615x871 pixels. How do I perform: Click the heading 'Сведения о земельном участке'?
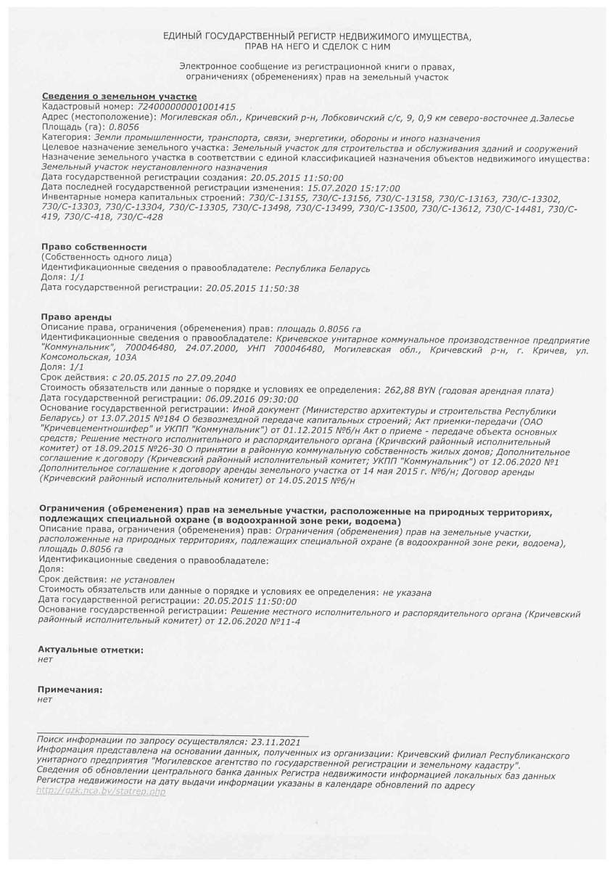coord(119,97)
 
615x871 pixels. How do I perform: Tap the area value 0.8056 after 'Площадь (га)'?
coord(123,127)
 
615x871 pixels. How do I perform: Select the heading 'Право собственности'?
coord(94,248)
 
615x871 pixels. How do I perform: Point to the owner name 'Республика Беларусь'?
coord(323,268)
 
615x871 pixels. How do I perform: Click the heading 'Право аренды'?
coord(76,318)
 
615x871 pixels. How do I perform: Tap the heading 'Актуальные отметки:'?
coord(91,650)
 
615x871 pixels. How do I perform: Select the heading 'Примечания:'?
coord(70,690)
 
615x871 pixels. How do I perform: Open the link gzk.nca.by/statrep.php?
coord(101,791)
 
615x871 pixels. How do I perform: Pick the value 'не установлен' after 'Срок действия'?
coord(142,581)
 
